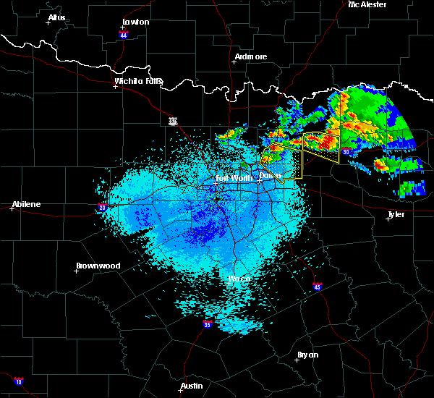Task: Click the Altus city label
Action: pos(56,17)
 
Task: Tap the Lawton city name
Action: pos(135,22)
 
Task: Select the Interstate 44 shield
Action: pos(124,33)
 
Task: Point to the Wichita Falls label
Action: pos(138,81)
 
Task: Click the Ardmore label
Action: pos(251,56)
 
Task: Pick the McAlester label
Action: pos(367,4)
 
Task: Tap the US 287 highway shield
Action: pos(173,121)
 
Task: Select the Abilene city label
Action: pos(26,203)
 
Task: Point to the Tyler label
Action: pos(396,214)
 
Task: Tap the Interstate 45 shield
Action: pos(316,287)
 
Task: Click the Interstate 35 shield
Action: pos(208,323)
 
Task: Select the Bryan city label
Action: pos(307,354)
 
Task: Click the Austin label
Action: pos(192,386)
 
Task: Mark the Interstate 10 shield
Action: pos(19,381)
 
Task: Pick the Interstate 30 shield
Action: pos(346,152)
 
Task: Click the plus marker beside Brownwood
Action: pos(77,271)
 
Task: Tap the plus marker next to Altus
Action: pos(48,22)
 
